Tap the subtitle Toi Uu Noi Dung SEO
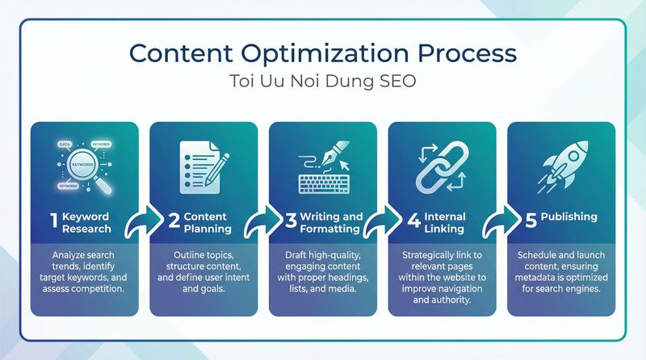coord(322,83)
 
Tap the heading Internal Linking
coord(445,223)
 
